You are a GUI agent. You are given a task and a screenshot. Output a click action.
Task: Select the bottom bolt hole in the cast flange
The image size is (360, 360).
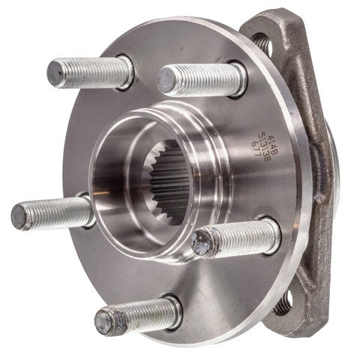pyautogui.click(x=283, y=304)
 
